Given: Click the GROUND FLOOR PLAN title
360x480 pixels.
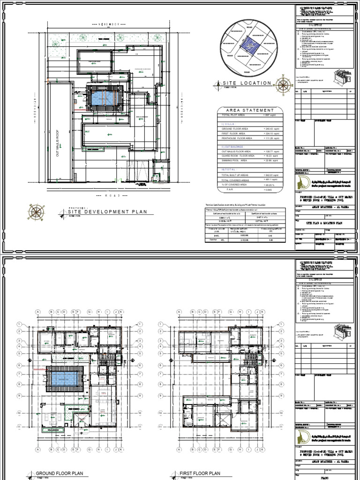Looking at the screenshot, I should [56, 474].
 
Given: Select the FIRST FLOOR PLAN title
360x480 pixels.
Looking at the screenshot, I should [200, 474].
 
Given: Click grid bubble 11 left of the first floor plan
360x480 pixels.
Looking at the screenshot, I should [160, 427].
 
